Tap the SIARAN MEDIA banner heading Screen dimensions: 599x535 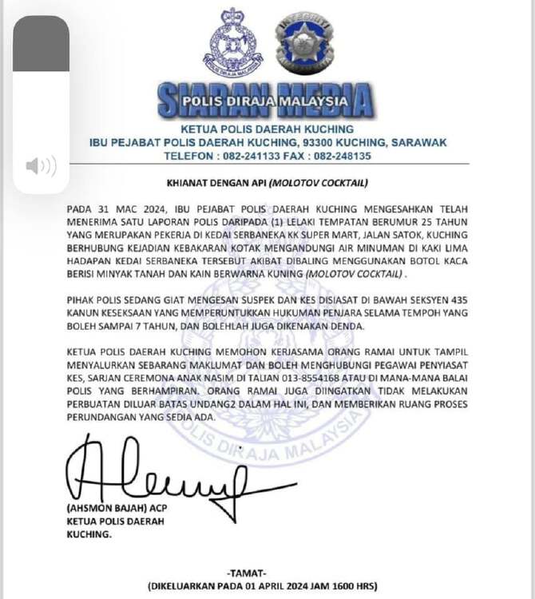pos(265,100)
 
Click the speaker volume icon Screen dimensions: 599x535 pos(41,166)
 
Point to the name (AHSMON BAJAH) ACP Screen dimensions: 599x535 pos(113,510)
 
